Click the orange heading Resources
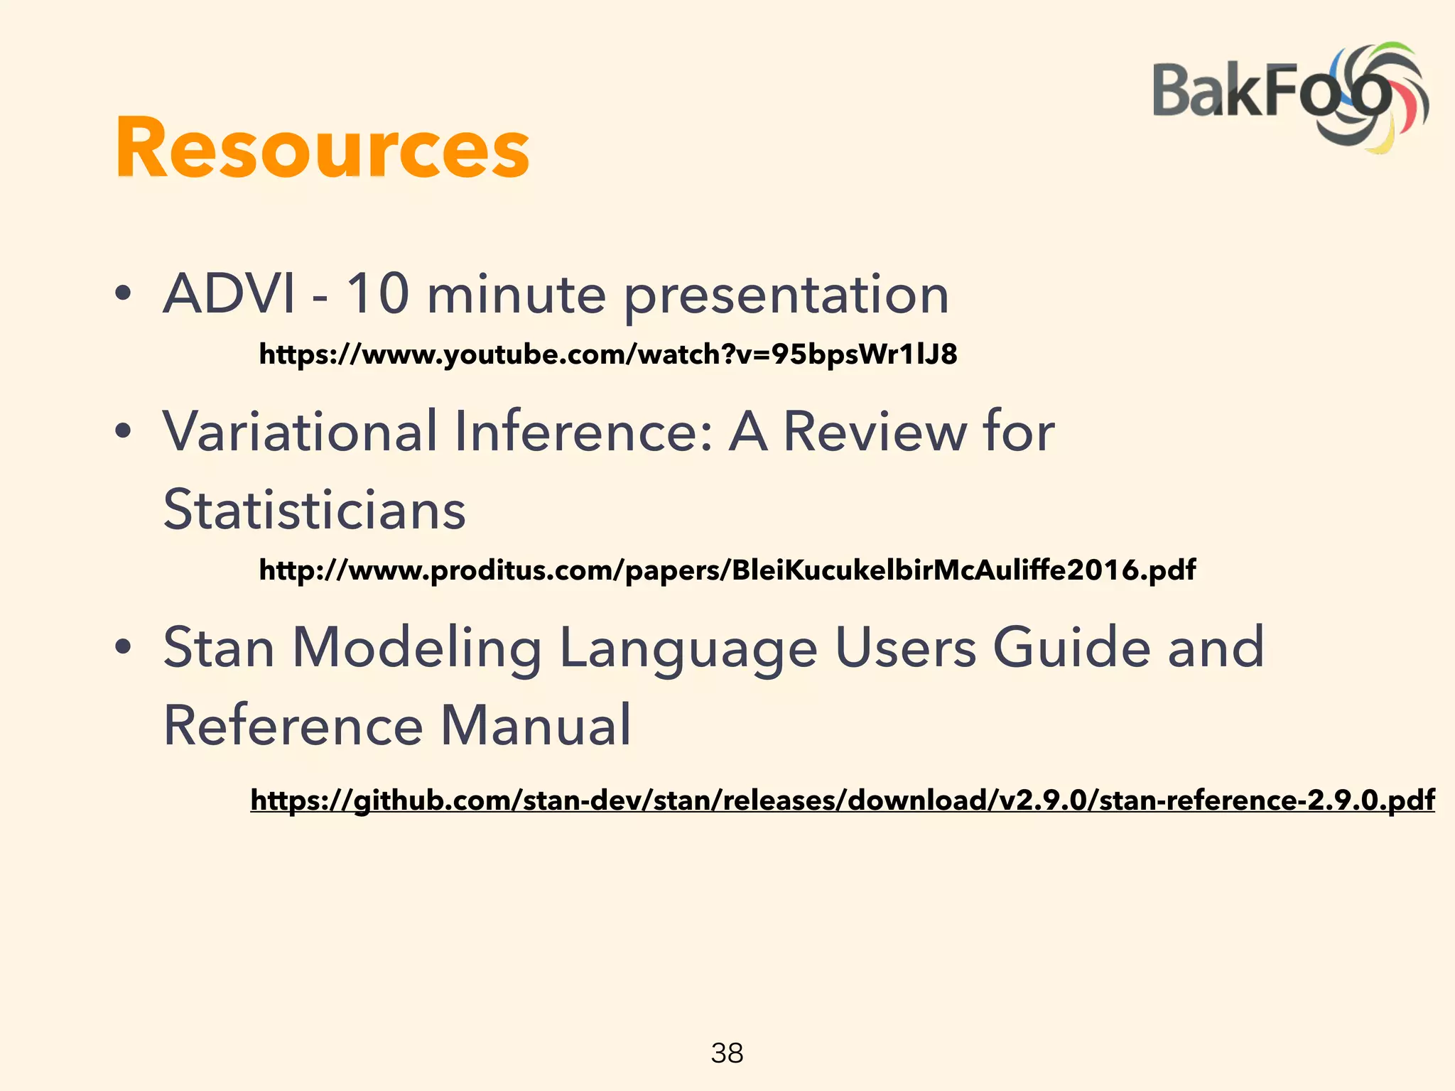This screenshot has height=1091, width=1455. (x=322, y=148)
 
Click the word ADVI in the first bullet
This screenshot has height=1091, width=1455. (x=229, y=293)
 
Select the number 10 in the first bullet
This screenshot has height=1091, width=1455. (x=377, y=293)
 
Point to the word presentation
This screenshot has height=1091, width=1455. (x=786, y=296)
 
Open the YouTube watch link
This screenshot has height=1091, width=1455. (x=607, y=354)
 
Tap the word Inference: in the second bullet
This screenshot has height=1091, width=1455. (x=583, y=431)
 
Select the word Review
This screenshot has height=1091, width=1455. (x=874, y=431)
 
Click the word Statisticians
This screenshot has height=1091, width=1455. (x=314, y=509)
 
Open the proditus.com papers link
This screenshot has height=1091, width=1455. (x=727, y=570)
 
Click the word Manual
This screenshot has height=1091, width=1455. (x=536, y=725)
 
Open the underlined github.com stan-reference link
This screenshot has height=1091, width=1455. (x=842, y=800)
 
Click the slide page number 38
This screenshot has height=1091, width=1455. (x=727, y=1053)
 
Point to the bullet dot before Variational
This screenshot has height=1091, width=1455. (x=124, y=431)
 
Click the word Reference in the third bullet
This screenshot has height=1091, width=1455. (x=293, y=725)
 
